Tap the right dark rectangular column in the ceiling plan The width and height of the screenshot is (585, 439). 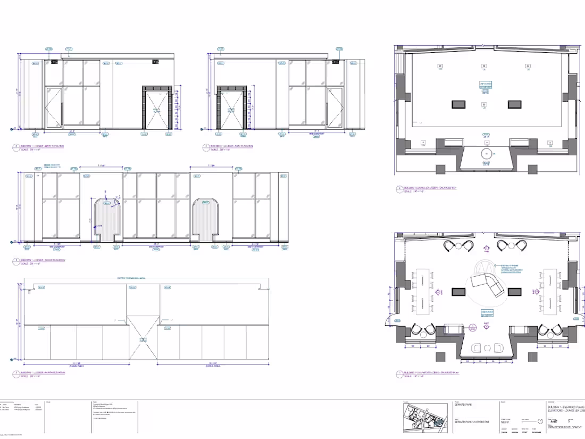[515, 104]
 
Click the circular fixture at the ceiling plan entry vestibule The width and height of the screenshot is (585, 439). [485, 154]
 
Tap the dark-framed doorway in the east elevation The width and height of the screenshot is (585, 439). [231, 109]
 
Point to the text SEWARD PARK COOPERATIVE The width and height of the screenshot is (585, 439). [469, 421]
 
